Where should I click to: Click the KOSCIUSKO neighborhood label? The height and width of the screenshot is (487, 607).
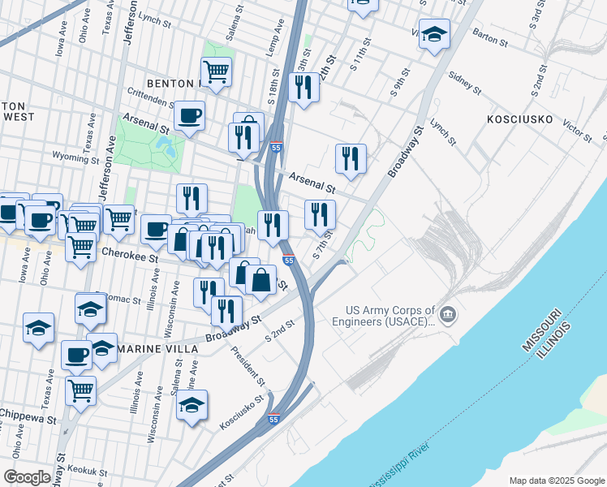click(519, 119)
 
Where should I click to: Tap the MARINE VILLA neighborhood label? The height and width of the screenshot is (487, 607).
click(157, 348)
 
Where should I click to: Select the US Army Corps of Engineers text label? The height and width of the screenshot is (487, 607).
click(390, 315)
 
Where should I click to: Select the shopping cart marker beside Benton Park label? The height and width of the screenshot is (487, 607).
click(216, 71)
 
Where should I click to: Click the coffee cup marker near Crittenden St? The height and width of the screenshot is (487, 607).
click(189, 115)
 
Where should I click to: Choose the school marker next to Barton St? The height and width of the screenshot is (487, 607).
click(434, 35)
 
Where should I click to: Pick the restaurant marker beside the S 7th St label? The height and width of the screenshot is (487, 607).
click(320, 214)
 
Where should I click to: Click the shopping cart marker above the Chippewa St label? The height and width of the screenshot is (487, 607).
click(80, 390)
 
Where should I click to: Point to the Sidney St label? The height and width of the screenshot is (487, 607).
click(465, 83)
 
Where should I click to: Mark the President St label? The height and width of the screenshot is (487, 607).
click(248, 365)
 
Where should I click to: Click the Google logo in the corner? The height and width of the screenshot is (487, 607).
click(27, 477)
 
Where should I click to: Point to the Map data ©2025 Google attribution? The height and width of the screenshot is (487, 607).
click(556, 480)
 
